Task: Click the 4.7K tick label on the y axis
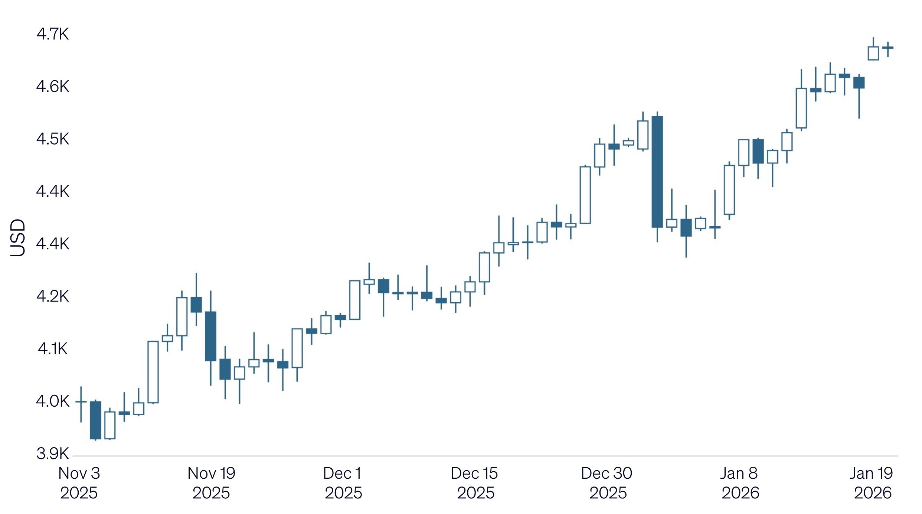click(x=52, y=34)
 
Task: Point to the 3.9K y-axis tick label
click(x=52, y=453)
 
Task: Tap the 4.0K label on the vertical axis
click(x=52, y=401)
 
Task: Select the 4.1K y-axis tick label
click(x=52, y=349)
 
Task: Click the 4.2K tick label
click(x=52, y=296)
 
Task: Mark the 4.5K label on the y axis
click(x=52, y=139)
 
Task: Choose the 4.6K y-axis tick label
click(x=52, y=87)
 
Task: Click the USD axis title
click(x=17, y=238)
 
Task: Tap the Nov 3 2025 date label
click(x=79, y=483)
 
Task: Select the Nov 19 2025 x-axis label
click(x=211, y=483)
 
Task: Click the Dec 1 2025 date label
click(x=343, y=483)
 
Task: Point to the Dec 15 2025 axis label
click(x=475, y=483)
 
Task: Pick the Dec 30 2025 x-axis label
click(x=607, y=483)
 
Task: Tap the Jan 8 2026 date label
click(x=740, y=483)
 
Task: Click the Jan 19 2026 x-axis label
click(x=872, y=483)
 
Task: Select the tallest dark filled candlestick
click(x=657, y=172)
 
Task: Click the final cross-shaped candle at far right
click(x=888, y=48)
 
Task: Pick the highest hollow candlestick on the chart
click(x=873, y=53)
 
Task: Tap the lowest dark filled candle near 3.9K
click(x=95, y=420)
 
